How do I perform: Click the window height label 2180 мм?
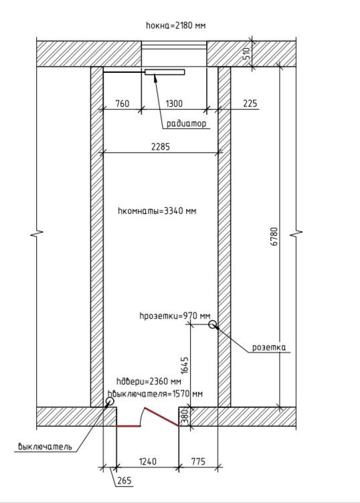(175, 25)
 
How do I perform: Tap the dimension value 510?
(246, 54)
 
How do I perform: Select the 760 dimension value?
(122, 104)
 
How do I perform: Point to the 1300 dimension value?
(174, 104)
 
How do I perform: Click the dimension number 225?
(250, 103)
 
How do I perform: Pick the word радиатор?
(187, 124)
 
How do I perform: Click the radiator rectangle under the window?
(165, 72)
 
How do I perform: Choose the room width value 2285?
(161, 147)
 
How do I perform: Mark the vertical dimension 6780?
(274, 236)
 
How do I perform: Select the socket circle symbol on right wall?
(212, 324)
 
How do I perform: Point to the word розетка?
(269, 347)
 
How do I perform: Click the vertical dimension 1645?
(185, 366)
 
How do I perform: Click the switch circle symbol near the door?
(110, 401)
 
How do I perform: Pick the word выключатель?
(45, 447)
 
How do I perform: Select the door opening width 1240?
(148, 462)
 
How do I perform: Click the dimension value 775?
(198, 462)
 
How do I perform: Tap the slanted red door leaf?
(162, 417)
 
